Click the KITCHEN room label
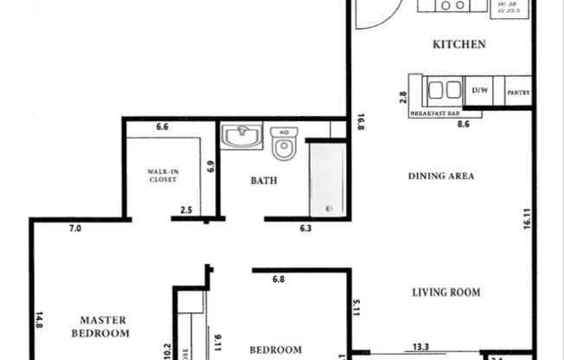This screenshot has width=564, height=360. pos(458,44)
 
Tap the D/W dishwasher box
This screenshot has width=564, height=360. pos(479,89)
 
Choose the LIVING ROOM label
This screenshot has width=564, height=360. pos(445,292)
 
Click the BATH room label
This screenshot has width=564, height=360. pos(264,181)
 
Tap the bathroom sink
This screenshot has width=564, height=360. pos(241,138)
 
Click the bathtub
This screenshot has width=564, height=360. pos(328,180)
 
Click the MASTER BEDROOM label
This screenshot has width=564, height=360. pos(111,326)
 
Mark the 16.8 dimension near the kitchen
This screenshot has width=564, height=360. pos(360,123)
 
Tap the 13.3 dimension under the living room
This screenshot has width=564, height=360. pos(421,347)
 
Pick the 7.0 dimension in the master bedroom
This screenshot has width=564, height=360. pos(75,229)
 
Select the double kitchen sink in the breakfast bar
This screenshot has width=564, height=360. pos(444,90)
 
